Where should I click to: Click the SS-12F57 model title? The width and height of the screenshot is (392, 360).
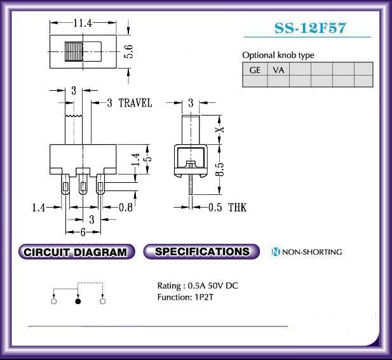point(310,28)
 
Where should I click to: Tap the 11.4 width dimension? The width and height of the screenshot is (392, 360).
point(83,23)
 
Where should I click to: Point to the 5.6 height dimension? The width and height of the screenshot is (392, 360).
point(128,51)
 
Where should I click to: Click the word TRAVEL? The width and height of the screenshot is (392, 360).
point(135,103)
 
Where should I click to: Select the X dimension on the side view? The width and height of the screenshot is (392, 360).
point(219,130)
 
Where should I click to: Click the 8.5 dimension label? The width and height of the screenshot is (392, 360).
point(219,170)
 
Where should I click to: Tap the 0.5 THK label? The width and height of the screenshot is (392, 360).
point(227,208)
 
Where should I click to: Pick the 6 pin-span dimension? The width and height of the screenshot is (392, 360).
point(83,232)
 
